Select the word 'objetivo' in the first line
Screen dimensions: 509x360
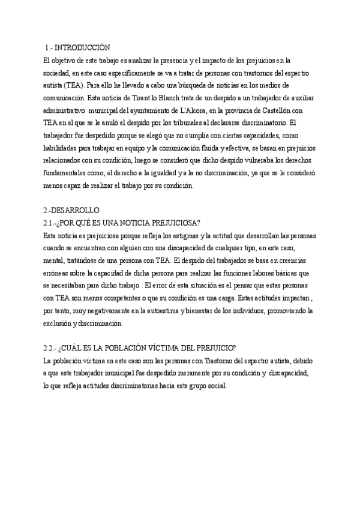coord(67,60)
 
